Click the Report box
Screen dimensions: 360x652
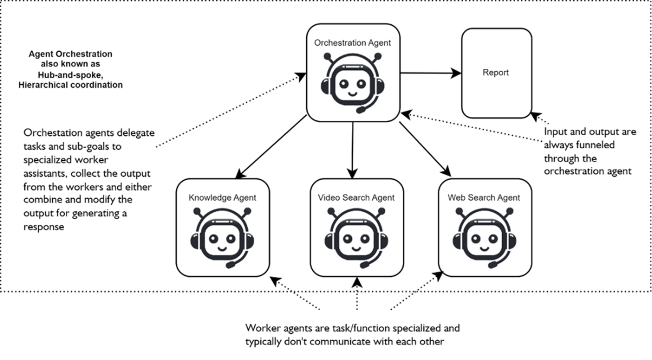(495, 73)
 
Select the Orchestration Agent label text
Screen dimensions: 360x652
(352, 43)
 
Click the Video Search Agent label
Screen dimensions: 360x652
(356, 197)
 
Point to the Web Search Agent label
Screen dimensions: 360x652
(484, 197)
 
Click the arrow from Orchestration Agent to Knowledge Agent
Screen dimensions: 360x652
(271, 146)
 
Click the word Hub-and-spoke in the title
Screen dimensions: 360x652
(71, 75)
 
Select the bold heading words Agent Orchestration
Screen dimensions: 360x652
(71, 55)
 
